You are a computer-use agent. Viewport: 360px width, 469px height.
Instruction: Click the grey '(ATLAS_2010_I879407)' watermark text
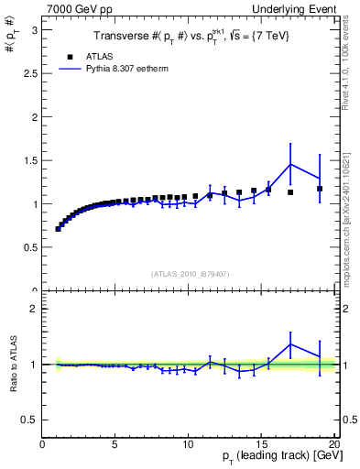point(189,273)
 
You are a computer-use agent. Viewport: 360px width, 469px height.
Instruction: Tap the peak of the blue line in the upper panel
point(290,164)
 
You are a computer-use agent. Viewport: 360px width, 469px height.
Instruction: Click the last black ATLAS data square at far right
point(320,189)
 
